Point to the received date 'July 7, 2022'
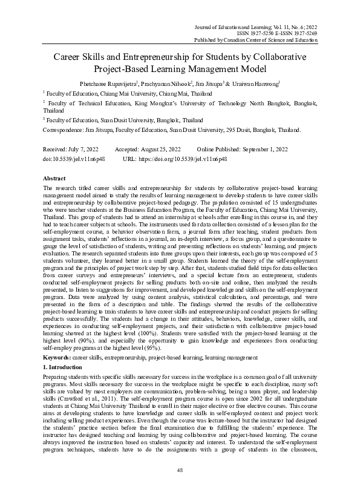pos(83,148)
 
